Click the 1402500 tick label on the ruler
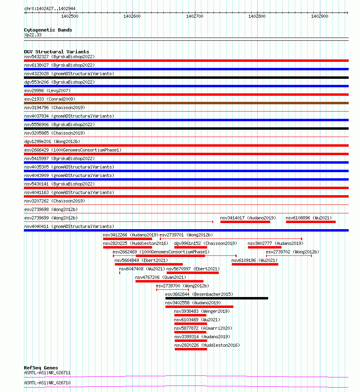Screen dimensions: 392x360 coord(70,16)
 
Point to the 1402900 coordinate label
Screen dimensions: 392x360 coord(320,16)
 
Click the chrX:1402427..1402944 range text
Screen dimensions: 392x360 coord(50,8)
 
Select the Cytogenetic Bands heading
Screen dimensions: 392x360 coord(48,30)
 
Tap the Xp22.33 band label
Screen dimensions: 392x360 coord(33,35)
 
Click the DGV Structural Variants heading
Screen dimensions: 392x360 coord(56,52)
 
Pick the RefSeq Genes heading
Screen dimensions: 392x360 coord(41,368)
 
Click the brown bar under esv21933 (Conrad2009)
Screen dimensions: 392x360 coord(186,103)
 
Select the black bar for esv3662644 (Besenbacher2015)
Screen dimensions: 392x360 coord(216,298)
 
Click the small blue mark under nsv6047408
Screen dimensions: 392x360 coord(120,273)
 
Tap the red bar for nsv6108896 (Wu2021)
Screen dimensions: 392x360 coord(311,221)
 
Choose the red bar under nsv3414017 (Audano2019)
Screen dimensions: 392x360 coord(245,221)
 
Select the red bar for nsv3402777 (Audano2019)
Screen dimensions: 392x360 coord(265,247)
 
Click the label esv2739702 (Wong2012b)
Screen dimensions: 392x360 coord(292,252)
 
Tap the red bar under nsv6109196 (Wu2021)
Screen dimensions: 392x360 coord(255,264)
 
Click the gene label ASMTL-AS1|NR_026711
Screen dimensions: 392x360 coord(47,373)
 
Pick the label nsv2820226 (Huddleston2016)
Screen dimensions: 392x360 coord(207,345)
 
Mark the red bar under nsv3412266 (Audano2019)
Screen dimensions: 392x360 coord(127,239)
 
